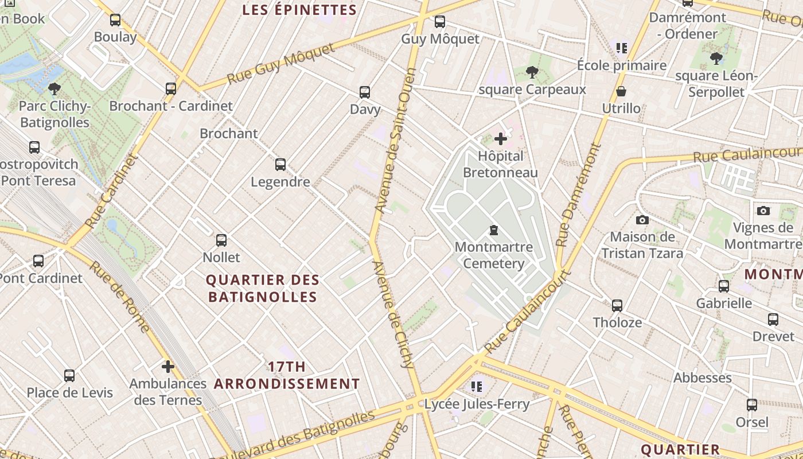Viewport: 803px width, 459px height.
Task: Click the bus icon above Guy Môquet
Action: click(440, 22)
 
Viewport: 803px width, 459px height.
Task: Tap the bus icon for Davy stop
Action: click(365, 92)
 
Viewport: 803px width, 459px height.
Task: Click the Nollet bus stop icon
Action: click(221, 240)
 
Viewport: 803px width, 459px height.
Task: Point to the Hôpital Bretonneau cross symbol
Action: click(501, 139)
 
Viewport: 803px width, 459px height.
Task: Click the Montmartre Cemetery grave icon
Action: click(493, 231)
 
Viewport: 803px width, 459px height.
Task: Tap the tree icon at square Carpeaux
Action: click(532, 72)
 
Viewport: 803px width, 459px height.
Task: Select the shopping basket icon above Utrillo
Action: click(621, 92)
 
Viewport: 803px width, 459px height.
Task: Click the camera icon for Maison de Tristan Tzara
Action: click(642, 220)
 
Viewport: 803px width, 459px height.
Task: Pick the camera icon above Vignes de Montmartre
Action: click(763, 211)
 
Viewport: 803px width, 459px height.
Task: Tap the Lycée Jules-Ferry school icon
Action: click(477, 387)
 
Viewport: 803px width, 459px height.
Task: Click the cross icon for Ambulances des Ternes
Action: click(168, 367)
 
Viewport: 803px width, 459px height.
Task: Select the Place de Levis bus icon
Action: click(69, 376)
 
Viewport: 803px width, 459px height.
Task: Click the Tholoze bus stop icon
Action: click(617, 306)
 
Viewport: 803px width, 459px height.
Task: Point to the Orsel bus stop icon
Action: click(752, 405)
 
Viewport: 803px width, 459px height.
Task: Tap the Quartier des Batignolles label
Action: click(263, 289)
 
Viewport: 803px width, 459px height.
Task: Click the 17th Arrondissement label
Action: click(287, 375)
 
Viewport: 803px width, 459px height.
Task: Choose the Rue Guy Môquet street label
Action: click(280, 64)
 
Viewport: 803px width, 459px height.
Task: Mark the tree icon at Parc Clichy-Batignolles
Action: click(54, 89)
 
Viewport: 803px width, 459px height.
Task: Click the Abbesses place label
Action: click(702, 378)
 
